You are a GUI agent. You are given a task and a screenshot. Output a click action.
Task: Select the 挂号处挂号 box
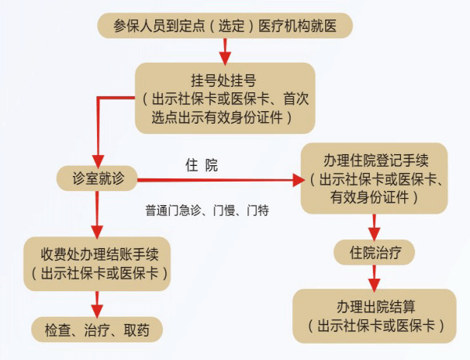(x=225, y=99)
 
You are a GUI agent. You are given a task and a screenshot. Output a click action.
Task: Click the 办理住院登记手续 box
(x=374, y=178)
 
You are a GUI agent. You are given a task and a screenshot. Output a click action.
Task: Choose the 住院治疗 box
(x=374, y=253)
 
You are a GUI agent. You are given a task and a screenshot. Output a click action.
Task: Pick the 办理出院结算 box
(x=374, y=315)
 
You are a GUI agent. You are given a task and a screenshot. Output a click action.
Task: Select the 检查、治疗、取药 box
(x=97, y=329)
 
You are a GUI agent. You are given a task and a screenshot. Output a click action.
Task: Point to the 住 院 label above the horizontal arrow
(x=201, y=165)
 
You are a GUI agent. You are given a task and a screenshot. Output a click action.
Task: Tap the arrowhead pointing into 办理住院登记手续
(x=298, y=180)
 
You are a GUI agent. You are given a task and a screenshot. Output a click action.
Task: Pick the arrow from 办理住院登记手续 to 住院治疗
(x=374, y=228)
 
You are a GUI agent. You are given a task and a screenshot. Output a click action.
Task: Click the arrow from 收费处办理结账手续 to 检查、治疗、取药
(x=97, y=302)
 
